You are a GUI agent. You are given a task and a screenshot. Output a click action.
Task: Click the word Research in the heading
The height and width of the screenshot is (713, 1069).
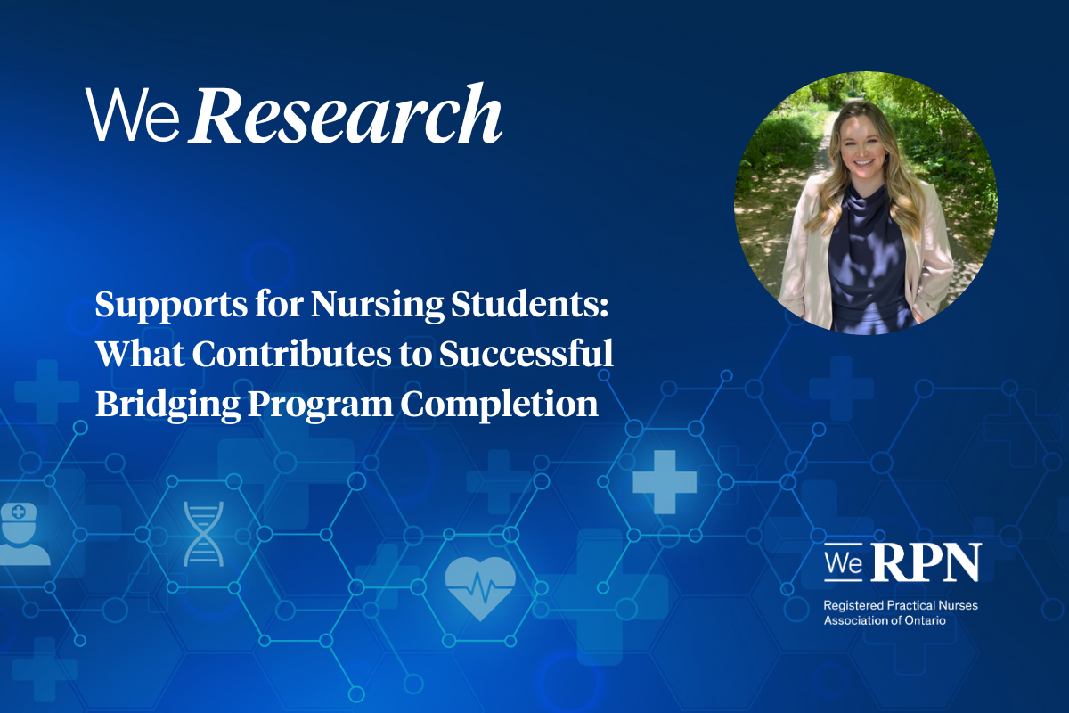pyautogui.click(x=346, y=114)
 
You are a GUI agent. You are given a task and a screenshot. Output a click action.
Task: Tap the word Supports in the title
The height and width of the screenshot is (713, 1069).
pyautogui.click(x=171, y=306)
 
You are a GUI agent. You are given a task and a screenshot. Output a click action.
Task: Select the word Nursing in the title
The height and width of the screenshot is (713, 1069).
pyautogui.click(x=377, y=305)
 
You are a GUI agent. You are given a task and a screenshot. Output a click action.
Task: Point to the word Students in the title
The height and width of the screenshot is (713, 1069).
pyautogui.click(x=530, y=304)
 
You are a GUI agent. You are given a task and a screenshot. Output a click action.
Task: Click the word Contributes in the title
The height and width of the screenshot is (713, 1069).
pyautogui.click(x=291, y=354)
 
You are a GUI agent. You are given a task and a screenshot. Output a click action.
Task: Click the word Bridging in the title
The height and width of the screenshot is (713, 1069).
pyautogui.click(x=168, y=405)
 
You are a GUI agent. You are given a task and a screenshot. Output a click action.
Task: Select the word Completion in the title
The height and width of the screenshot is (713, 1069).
pyautogui.click(x=499, y=405)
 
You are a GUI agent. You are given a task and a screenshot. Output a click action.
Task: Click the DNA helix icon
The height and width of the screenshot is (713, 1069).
pyautogui.click(x=204, y=534)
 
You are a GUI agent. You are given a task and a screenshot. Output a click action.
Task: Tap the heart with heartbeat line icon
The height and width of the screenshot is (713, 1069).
pyautogui.click(x=480, y=588)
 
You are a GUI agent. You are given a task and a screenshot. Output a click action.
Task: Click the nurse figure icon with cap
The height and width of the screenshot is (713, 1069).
pyautogui.click(x=22, y=534)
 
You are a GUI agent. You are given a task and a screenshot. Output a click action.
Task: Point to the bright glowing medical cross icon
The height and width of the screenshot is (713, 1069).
pyautogui.click(x=665, y=482)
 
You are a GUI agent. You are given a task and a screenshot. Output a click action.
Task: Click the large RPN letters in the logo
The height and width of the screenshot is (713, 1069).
pyautogui.click(x=926, y=562)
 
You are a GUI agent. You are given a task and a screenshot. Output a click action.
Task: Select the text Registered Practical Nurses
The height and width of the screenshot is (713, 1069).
pyautogui.click(x=901, y=605)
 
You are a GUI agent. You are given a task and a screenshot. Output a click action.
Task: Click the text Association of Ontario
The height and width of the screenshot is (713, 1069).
pyautogui.click(x=885, y=620)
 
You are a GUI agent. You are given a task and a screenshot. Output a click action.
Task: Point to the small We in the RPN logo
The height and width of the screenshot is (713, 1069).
pyautogui.click(x=844, y=562)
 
